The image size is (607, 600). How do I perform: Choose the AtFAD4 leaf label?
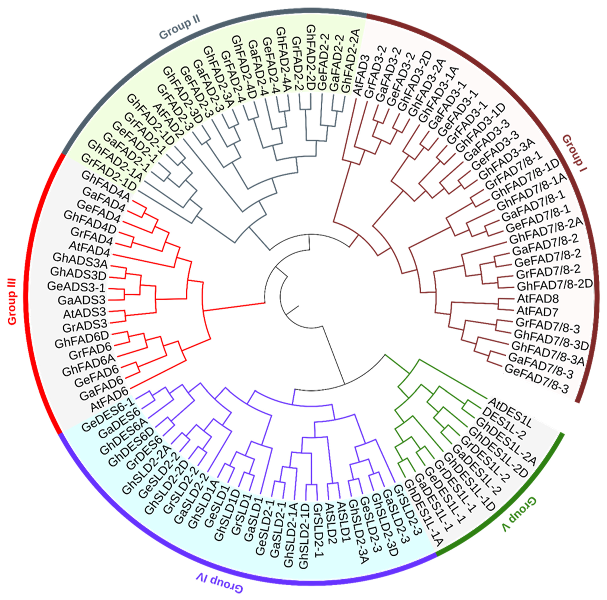click(89, 249)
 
